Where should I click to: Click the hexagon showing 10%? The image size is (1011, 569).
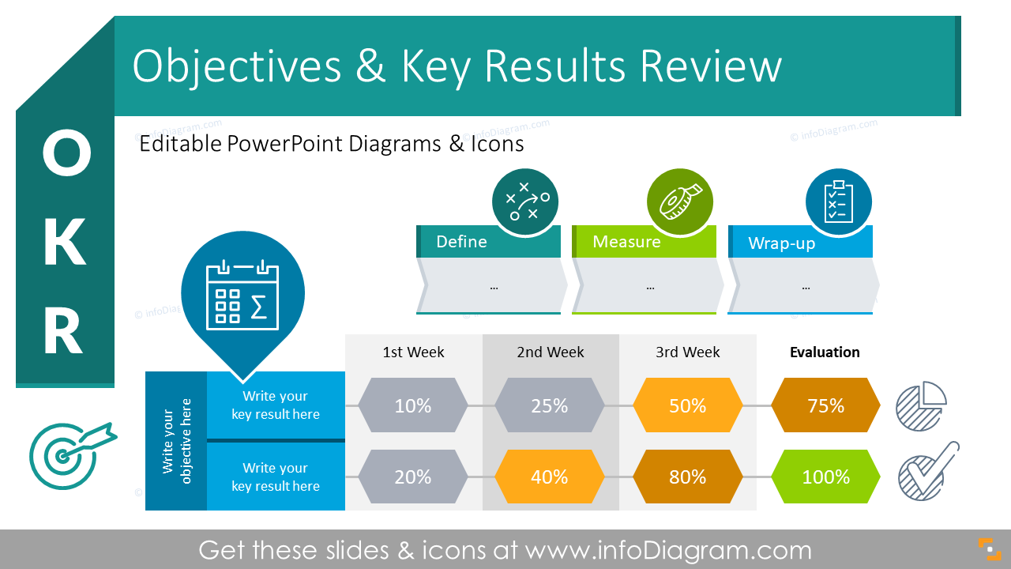pos(412,405)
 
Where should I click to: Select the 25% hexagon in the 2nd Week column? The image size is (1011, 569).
pos(550,405)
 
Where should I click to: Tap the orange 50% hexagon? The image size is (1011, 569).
pos(687,405)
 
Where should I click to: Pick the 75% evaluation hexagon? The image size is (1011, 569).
pos(825,405)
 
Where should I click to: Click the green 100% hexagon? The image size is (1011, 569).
pos(825,477)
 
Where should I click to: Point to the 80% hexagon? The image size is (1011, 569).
pos(687,477)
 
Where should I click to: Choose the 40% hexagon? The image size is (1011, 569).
pos(550,477)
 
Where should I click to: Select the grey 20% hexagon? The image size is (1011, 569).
pos(412,477)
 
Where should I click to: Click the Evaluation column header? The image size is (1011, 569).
pos(825,352)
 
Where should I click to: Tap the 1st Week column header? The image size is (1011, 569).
pos(413,352)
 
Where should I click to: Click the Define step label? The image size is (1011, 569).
pos(461,242)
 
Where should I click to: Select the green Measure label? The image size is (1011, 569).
pos(626,242)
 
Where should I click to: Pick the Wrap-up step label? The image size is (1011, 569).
pos(781,243)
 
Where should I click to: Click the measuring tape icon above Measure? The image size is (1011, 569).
pos(680,202)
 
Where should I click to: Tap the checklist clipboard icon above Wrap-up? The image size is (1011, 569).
pos(838,202)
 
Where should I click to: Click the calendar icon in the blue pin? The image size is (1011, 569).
pos(242,293)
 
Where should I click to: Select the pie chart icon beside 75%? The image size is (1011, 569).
pos(921,406)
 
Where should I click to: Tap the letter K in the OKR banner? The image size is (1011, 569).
pos(64,243)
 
